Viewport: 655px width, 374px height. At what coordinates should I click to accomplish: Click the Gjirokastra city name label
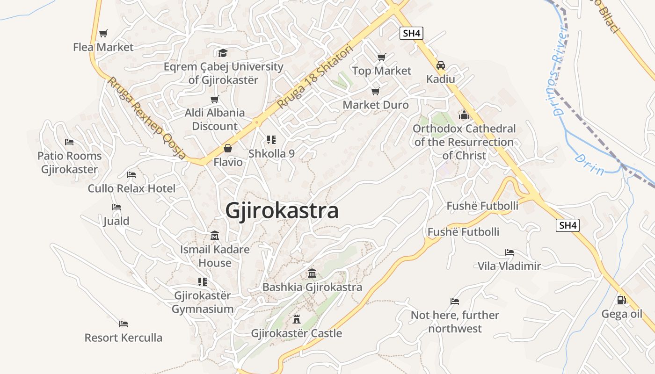282,211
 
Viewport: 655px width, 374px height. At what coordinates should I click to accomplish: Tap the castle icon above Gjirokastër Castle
296,319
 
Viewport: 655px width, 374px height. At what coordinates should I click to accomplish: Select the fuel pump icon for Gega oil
621,300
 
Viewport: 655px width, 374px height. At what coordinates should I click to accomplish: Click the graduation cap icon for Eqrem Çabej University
223,53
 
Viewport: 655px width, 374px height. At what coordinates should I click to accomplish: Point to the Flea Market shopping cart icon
103,33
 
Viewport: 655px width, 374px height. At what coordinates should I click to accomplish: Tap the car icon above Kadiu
440,65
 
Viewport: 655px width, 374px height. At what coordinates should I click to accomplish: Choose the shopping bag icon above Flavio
228,148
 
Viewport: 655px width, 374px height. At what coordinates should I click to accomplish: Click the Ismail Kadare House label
215,256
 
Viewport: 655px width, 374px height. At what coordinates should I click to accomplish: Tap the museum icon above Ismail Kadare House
215,235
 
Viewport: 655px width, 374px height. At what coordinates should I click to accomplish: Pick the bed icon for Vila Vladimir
509,252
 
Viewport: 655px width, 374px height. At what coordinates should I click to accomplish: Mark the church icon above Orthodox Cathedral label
464,114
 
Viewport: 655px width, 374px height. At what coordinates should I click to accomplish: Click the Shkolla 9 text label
271,153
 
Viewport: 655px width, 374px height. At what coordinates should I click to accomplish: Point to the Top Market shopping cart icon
381,57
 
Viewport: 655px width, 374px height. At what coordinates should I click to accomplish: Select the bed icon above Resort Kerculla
123,324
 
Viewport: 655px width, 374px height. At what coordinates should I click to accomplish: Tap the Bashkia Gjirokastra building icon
312,273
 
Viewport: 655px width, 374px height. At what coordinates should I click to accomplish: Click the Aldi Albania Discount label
215,119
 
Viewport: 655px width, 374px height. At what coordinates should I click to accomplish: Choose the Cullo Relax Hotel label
131,188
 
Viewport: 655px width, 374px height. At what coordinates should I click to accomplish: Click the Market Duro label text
376,105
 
